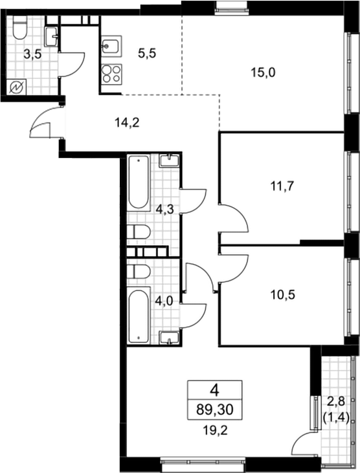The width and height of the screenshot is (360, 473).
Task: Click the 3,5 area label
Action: pyautogui.click(x=32, y=55)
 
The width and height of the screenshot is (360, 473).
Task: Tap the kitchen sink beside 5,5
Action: pyautogui.click(x=111, y=46)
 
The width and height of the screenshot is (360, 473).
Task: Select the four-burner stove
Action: pyautogui.click(x=111, y=74)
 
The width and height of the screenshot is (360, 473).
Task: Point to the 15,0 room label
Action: pyautogui.click(x=263, y=72)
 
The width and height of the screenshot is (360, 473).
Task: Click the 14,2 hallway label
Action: pyautogui.click(x=127, y=122)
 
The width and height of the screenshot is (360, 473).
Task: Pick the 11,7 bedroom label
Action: pyautogui.click(x=282, y=186)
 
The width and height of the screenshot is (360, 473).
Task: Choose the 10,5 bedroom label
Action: pyautogui.click(x=283, y=294)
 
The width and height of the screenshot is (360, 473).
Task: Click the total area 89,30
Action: pyautogui.click(x=215, y=410)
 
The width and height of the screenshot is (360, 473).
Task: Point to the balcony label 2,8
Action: pyautogui.click(x=336, y=402)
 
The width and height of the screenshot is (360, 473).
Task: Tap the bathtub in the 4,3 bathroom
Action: pyautogui.click(x=139, y=183)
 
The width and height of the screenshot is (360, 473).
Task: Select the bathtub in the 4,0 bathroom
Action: pyautogui.click(x=139, y=315)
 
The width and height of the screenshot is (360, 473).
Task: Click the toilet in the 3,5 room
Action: pyautogui.click(x=20, y=27)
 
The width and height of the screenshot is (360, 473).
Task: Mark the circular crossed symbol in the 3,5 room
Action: pyautogui.click(x=16, y=87)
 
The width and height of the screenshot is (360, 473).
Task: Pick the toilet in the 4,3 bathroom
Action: pyautogui.click(x=139, y=232)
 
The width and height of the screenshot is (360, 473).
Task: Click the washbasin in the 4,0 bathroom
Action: pyautogui.click(x=170, y=338)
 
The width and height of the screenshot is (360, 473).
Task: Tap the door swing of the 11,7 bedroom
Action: pyautogui.click(x=234, y=218)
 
